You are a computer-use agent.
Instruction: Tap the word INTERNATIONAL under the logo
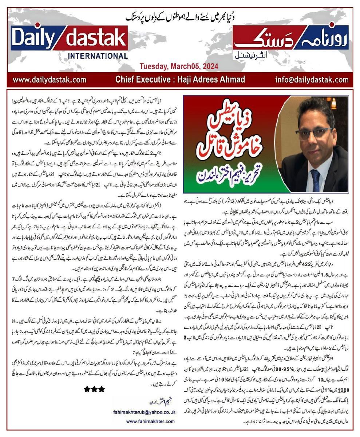pyautogui.click(x=97, y=56)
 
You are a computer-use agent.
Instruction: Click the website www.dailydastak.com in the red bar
pyautogui.click(x=49, y=79)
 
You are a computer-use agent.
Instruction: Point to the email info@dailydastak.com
pyautogui.click(x=312, y=79)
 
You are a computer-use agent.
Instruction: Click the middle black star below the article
pyautogui.click(x=94, y=389)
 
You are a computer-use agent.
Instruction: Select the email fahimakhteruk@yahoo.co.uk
pyautogui.click(x=145, y=412)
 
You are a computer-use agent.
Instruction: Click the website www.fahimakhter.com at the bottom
pyautogui.click(x=151, y=421)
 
